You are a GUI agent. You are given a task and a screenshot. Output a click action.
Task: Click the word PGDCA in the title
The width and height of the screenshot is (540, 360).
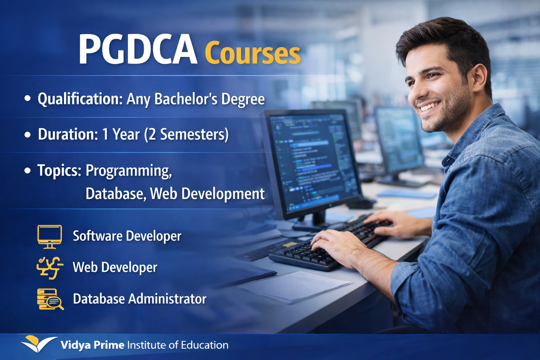point(137,50)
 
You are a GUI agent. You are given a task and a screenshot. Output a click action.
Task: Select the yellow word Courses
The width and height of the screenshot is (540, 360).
point(252,53)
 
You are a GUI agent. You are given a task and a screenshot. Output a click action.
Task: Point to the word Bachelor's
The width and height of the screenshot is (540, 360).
point(186,99)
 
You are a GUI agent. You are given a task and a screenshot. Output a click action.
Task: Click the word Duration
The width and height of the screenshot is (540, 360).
point(67,134)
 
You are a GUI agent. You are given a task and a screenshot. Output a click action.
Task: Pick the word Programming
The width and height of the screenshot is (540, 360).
point(129,171)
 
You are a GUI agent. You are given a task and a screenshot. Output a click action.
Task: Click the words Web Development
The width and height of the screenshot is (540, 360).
point(207,194)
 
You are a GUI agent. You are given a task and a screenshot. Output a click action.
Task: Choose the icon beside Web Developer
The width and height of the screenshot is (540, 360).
point(50,268)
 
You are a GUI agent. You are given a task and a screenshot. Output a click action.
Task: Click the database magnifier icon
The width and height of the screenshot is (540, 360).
point(50,299)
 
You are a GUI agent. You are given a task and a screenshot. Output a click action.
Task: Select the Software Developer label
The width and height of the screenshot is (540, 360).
point(127,236)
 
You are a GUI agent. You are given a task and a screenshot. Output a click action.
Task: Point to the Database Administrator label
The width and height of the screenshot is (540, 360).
point(140,299)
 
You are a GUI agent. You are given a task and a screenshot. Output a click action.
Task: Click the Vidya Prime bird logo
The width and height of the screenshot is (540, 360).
point(38,343)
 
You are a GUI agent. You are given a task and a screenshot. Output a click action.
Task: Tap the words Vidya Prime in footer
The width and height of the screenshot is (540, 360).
point(92,345)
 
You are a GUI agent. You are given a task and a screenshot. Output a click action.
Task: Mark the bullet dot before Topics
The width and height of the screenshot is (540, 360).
point(28,171)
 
